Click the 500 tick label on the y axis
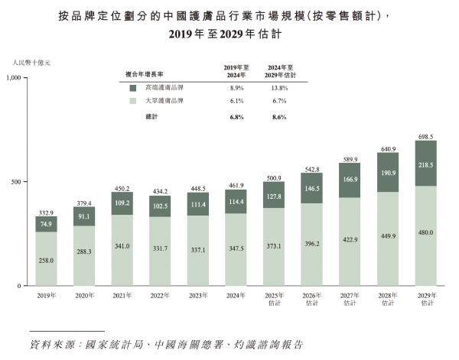(21, 182)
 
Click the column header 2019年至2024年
(236, 72)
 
